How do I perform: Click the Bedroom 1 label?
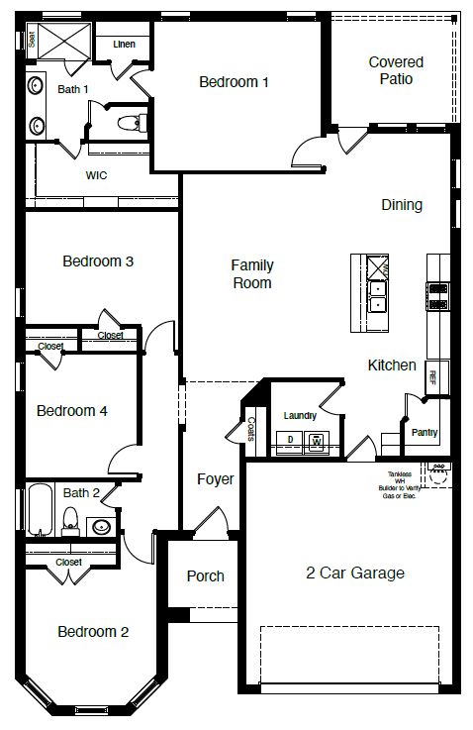(234, 82)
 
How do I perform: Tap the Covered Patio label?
(396, 70)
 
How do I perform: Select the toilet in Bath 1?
(130, 123)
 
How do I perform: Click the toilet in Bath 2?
(70, 519)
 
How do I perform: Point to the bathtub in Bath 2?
(39, 510)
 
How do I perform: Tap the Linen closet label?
(125, 45)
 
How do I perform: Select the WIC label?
(96, 175)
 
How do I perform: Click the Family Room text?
(252, 274)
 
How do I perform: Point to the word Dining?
(402, 205)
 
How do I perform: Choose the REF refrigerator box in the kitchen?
(432, 376)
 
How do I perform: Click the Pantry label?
(425, 433)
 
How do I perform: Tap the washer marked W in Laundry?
(317, 440)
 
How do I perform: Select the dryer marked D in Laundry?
(290, 439)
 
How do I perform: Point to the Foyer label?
(215, 479)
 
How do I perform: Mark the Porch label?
(205, 575)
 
